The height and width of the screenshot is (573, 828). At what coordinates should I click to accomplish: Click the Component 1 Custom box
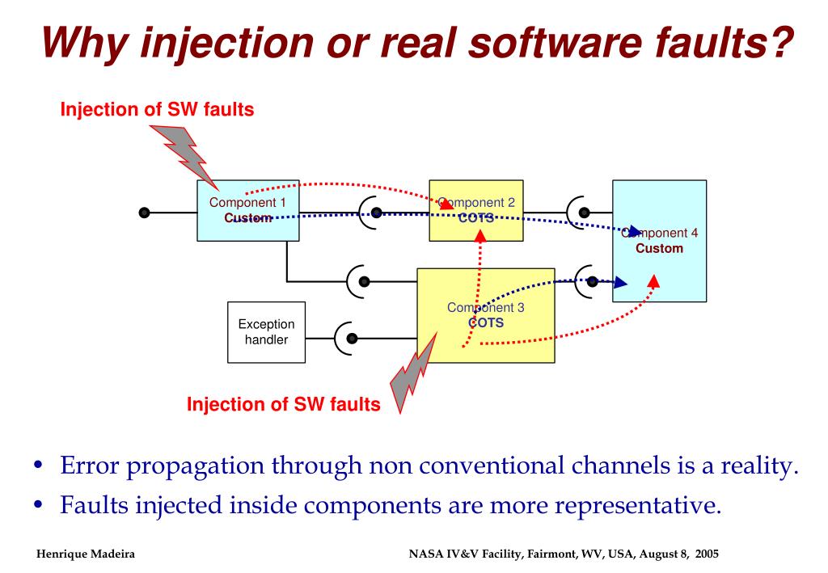(248, 210)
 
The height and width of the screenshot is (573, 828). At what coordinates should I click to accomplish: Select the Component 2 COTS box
(475, 210)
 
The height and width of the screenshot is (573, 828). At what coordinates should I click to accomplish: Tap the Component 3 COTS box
(485, 315)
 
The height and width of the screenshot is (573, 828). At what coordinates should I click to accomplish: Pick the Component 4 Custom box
(659, 241)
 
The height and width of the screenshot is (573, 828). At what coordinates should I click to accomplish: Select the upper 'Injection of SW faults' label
(158, 111)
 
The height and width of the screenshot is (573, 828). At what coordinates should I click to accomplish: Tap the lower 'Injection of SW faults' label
(284, 404)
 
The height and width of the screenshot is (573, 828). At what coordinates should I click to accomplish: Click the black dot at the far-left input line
(144, 213)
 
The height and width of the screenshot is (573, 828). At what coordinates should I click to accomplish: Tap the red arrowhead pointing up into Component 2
(480, 235)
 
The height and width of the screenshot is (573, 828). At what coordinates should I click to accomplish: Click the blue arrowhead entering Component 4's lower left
(620, 283)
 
